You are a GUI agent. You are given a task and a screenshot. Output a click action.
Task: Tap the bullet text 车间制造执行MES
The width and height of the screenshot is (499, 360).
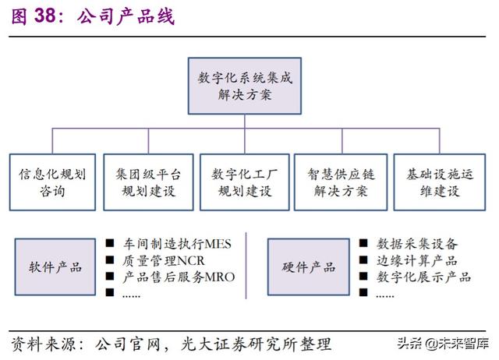(176, 245)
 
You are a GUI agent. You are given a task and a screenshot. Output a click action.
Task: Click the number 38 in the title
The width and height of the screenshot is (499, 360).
(44, 16)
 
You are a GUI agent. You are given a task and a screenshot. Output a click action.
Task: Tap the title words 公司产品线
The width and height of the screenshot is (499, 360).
(125, 16)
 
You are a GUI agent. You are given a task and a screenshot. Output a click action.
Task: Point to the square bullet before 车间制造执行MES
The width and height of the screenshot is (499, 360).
(111, 245)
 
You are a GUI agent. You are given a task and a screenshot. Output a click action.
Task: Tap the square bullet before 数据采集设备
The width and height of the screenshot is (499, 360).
(364, 245)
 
